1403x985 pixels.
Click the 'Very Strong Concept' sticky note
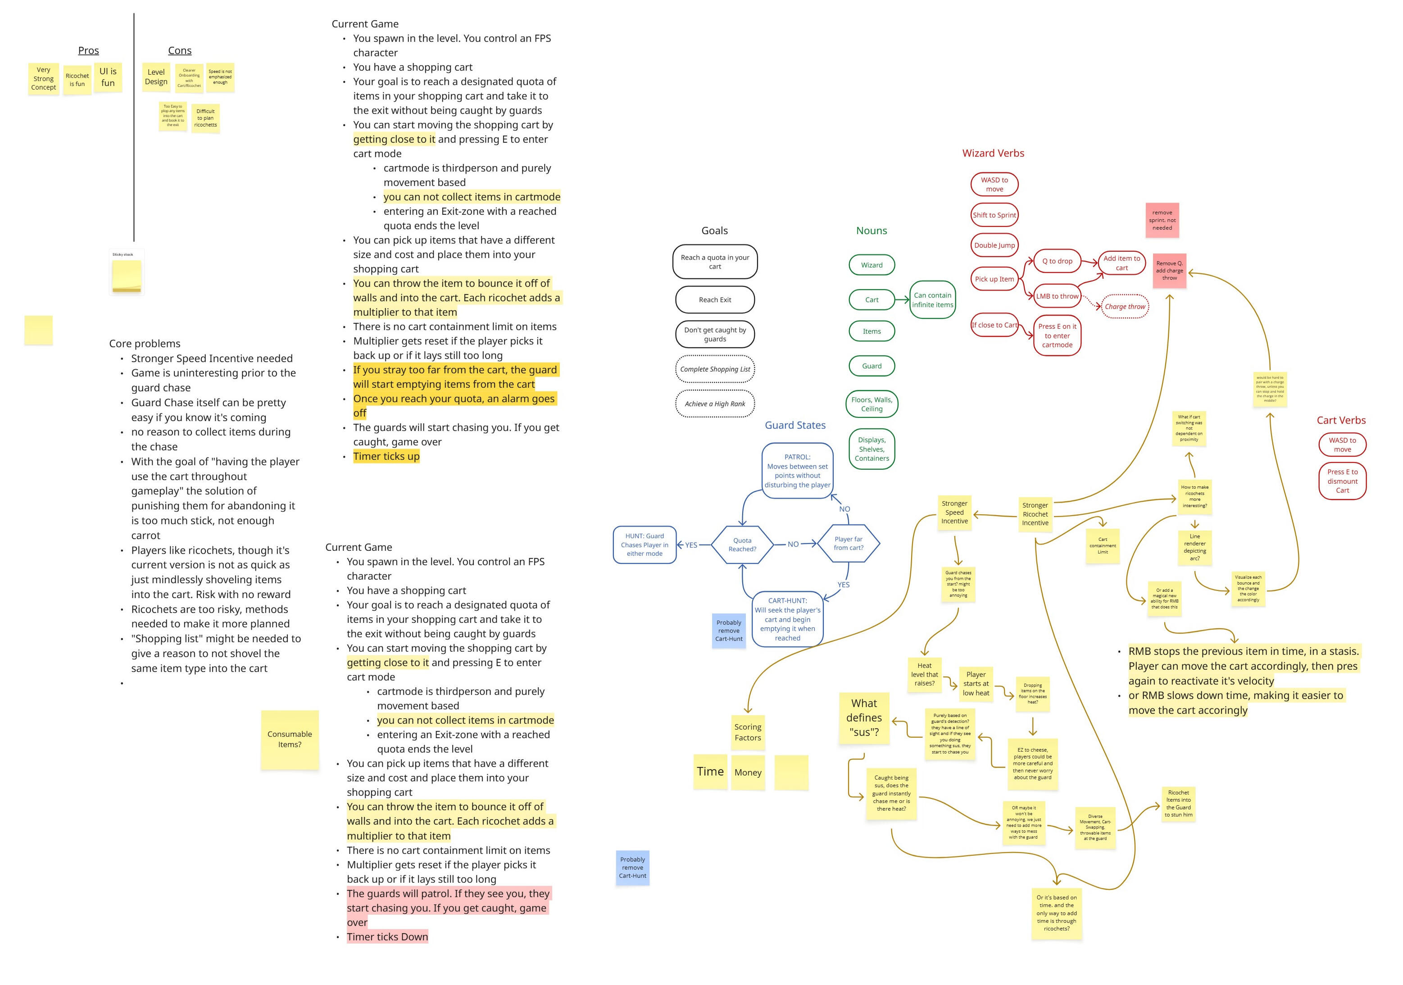[43, 79]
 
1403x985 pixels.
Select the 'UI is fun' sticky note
[108, 77]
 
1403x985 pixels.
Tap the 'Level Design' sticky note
[156, 77]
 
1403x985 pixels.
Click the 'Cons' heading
[180, 51]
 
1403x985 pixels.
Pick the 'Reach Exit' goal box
[715, 300]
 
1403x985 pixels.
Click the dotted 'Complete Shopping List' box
[715, 369]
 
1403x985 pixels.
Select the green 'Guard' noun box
[872, 366]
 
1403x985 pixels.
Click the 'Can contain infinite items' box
[932, 300]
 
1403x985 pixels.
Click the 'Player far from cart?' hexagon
[848, 543]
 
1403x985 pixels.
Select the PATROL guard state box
[798, 471]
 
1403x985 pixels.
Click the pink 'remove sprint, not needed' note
[1162, 220]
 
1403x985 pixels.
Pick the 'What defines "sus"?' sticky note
[864, 718]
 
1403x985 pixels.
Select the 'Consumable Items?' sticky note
[290, 740]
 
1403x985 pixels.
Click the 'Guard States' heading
[795, 425]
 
